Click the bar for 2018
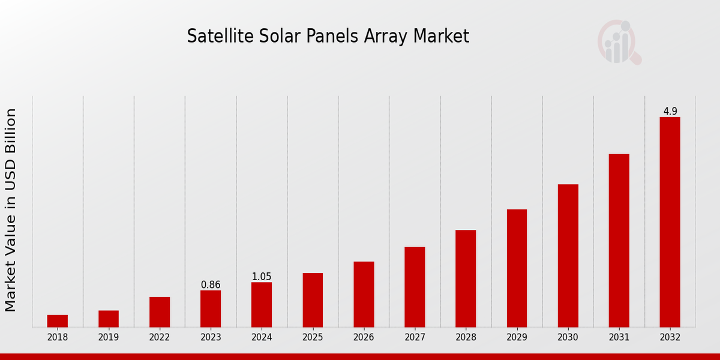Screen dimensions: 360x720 58,321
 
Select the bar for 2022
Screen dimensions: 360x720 160,312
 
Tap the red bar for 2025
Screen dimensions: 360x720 313,300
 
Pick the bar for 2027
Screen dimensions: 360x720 415,287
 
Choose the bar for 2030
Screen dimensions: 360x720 568,256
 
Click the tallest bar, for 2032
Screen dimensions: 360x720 670,222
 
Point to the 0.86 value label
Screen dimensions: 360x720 211,285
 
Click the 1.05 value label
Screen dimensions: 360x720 262,277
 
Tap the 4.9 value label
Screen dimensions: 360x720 670,112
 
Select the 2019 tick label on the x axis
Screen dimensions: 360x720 109,338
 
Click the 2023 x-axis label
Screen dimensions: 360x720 211,338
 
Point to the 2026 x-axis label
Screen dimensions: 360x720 364,338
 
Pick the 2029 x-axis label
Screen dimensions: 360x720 517,338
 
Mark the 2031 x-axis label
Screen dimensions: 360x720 619,338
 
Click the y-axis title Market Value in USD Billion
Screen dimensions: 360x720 11,210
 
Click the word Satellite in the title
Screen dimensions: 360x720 212,36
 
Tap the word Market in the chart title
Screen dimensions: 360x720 440,36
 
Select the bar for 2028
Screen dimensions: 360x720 466,278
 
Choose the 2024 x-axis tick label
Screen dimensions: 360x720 262,338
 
